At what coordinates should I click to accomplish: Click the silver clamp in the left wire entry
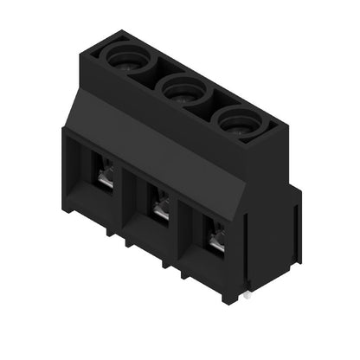coord(105,177)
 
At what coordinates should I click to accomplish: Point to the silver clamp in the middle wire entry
coord(160,209)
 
